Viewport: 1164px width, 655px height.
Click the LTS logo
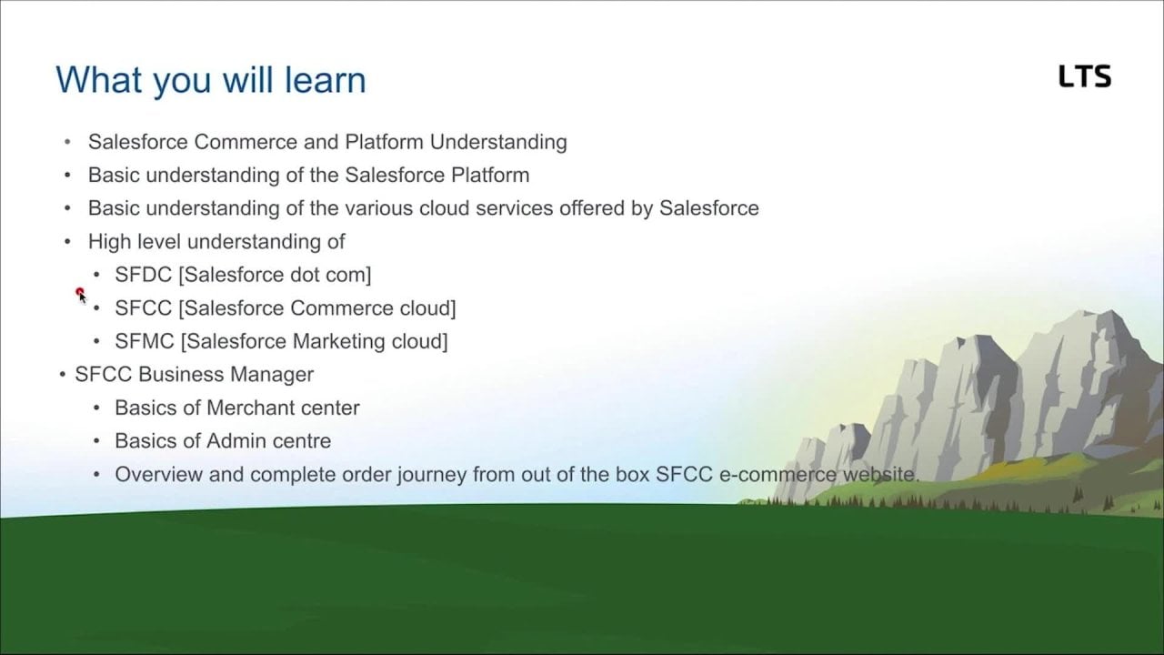(x=1085, y=76)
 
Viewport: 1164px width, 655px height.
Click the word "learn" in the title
(x=326, y=80)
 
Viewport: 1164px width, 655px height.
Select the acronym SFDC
(x=143, y=275)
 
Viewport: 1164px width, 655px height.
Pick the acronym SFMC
(x=145, y=341)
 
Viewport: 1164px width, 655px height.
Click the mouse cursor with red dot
(x=81, y=296)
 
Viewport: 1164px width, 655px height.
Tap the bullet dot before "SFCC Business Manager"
(x=63, y=374)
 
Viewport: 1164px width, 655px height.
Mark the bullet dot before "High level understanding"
(x=67, y=242)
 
